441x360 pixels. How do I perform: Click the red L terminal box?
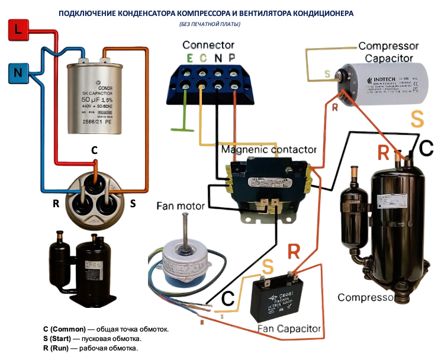click(18, 30)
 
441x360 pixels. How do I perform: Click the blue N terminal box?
click(18, 74)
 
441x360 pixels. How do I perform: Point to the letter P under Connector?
click(232, 58)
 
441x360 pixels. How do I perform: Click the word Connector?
click(208, 45)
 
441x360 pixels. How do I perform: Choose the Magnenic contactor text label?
click(269, 150)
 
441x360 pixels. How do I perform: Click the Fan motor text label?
click(181, 206)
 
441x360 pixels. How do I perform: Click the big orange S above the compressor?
click(417, 119)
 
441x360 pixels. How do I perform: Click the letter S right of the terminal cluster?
click(133, 204)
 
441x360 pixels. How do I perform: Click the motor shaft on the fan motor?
click(186, 227)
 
